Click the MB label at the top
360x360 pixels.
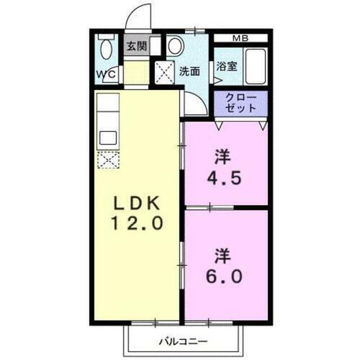241,37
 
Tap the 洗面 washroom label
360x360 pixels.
190,71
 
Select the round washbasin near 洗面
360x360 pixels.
176,46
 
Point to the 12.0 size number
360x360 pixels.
138,223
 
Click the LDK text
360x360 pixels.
136,202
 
